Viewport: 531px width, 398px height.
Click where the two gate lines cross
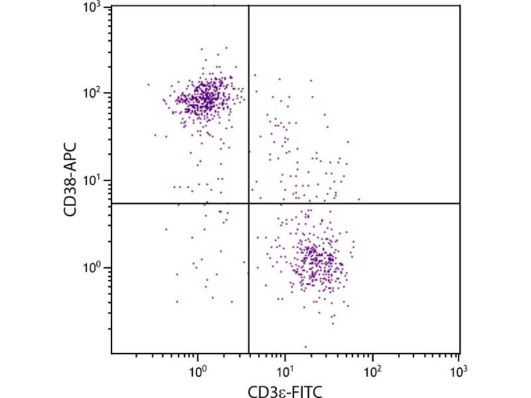(x=248, y=203)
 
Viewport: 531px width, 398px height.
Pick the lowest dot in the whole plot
(x=305, y=346)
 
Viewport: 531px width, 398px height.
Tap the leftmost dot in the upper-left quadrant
(x=148, y=84)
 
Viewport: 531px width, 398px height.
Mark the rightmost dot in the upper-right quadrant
(x=359, y=198)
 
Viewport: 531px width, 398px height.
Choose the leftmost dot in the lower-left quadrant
(x=166, y=229)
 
